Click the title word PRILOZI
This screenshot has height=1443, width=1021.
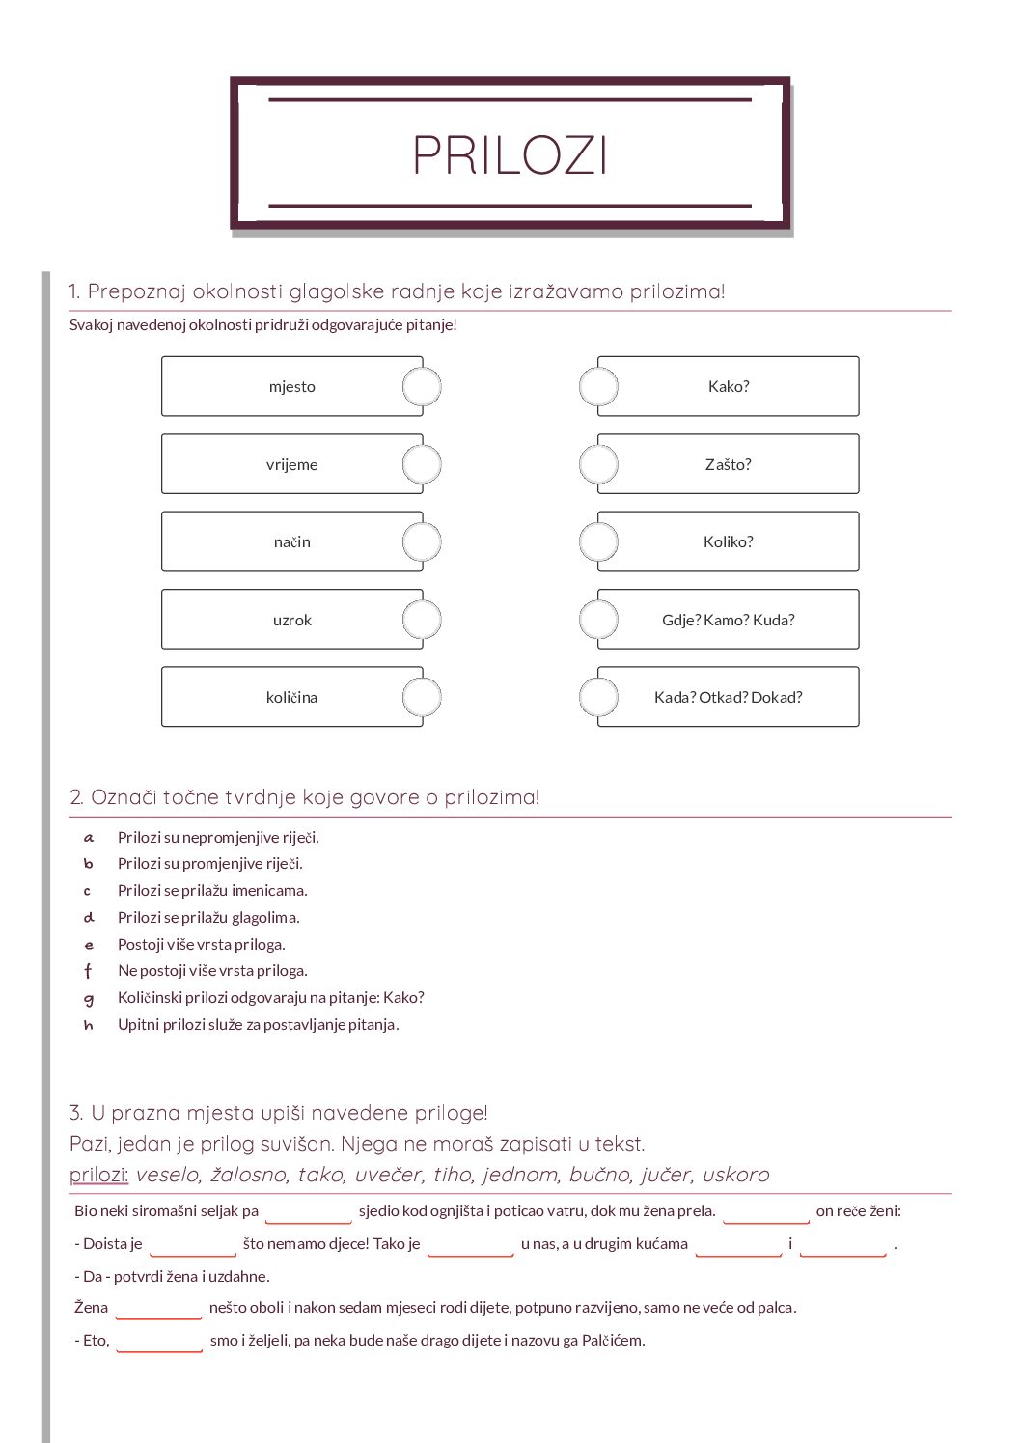pyautogui.click(x=510, y=154)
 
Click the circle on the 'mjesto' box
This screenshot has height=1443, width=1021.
pyautogui.click(x=422, y=387)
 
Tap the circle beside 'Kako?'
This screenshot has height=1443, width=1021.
pyautogui.click(x=598, y=387)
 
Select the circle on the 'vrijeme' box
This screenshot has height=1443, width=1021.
pyautogui.click(x=422, y=464)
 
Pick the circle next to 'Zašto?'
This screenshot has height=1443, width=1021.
pyautogui.click(x=598, y=464)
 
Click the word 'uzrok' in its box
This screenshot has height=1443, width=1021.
pyautogui.click(x=291, y=620)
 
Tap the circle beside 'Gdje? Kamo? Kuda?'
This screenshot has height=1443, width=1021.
pyautogui.click(x=598, y=620)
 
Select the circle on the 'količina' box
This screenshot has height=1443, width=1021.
pyautogui.click(x=422, y=697)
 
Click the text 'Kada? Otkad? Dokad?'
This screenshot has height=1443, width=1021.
pyautogui.click(x=728, y=697)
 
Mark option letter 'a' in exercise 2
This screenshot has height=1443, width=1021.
pyautogui.click(x=89, y=838)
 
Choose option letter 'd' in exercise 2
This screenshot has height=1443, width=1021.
pyautogui.click(x=89, y=918)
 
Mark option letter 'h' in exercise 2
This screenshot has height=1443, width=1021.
pyautogui.click(x=89, y=1025)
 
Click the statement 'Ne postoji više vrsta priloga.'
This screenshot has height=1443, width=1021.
pyautogui.click(x=212, y=971)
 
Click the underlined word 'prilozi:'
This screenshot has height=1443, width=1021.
pyautogui.click(x=98, y=1175)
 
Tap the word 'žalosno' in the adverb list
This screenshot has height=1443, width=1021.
pyautogui.click(x=249, y=1175)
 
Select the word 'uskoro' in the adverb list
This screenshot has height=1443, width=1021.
pyautogui.click(x=735, y=1175)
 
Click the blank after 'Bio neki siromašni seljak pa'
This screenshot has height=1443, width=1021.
pyautogui.click(x=308, y=1212)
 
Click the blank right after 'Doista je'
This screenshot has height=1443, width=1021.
pyautogui.click(x=192, y=1245)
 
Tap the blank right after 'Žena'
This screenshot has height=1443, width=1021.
pyautogui.click(x=157, y=1309)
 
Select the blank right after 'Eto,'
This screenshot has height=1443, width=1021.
pyautogui.click(x=158, y=1342)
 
